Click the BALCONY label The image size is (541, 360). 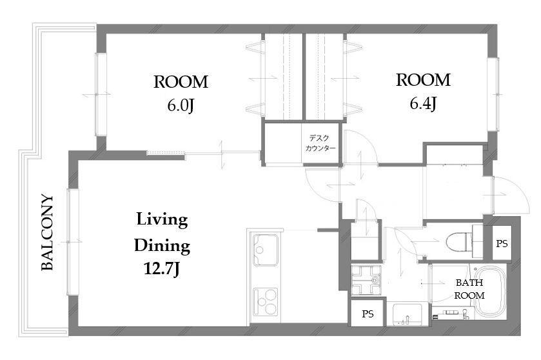click(47, 232)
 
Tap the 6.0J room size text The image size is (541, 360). click(181, 105)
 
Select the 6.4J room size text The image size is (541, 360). click(423, 103)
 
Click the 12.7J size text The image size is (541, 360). click(161, 268)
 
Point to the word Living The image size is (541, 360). click(162, 220)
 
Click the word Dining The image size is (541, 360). click(162, 246)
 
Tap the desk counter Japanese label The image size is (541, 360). click(320, 143)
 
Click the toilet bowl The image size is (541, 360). click(459, 241)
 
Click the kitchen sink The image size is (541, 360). click(265, 250)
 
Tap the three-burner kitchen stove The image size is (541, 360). click(265, 302)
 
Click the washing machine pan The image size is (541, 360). click(366, 280)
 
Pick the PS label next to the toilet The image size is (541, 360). click(502, 244)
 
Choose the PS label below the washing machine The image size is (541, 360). click(368, 314)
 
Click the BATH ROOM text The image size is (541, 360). click(469, 289)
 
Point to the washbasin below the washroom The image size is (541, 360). click(408, 314)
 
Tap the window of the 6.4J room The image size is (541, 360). click(493, 94)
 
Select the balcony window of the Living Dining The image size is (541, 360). click(73, 241)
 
